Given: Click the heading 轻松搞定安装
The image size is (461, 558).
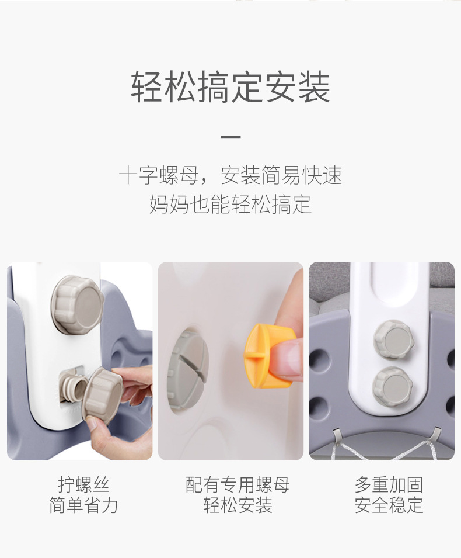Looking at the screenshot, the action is (x=230, y=87).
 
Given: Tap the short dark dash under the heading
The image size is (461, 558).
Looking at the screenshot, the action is (x=230, y=137).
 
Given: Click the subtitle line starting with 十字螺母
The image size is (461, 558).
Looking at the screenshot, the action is (x=230, y=175).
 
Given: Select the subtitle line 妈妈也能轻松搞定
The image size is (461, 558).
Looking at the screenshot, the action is (x=230, y=205).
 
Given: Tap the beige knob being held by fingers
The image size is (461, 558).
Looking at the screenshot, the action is (x=102, y=395).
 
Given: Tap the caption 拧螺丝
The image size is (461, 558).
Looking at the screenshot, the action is (x=83, y=484).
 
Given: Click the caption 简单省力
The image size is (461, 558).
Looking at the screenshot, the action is (x=83, y=505).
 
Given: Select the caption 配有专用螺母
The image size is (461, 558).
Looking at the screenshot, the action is (x=238, y=484).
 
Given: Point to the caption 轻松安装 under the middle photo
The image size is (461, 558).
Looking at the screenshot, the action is (x=238, y=505).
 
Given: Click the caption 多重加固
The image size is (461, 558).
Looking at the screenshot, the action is (x=389, y=484).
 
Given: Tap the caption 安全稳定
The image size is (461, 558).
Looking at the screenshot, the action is (x=389, y=505).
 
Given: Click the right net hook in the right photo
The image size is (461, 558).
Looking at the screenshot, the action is (x=436, y=434).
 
